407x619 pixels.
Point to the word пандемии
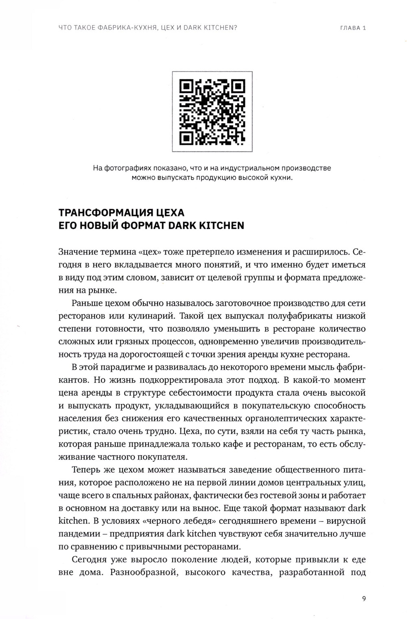[x=78, y=534]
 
